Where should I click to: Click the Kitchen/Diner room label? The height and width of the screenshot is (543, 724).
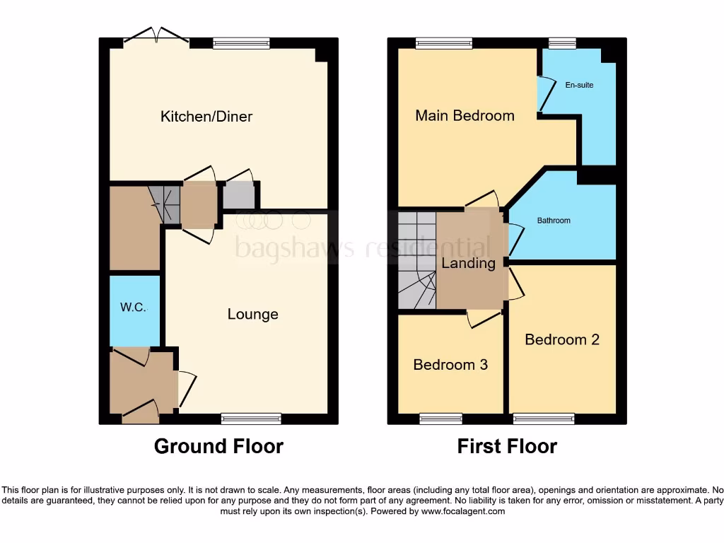point(206,117)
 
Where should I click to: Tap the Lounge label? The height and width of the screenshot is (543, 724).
point(252,315)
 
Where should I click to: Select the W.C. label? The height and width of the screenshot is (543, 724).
point(134,308)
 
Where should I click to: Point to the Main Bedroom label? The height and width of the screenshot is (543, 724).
point(465,115)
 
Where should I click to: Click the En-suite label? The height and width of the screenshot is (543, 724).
point(579,85)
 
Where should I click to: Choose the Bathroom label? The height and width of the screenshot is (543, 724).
point(554,221)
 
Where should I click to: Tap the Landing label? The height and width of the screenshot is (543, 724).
point(468,264)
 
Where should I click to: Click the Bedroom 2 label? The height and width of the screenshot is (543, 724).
point(562,339)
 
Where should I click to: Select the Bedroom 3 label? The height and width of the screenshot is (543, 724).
point(450,365)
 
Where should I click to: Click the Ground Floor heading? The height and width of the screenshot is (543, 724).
point(218,446)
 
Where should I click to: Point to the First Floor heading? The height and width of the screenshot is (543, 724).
point(507,446)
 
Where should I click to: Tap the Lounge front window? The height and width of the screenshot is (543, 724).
point(251,419)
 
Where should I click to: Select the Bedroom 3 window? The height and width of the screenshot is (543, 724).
point(441,419)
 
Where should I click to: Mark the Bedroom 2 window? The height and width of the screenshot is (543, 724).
point(544,419)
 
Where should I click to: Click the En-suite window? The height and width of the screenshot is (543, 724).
point(562,43)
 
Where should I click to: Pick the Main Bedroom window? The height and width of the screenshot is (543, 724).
point(444,43)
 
